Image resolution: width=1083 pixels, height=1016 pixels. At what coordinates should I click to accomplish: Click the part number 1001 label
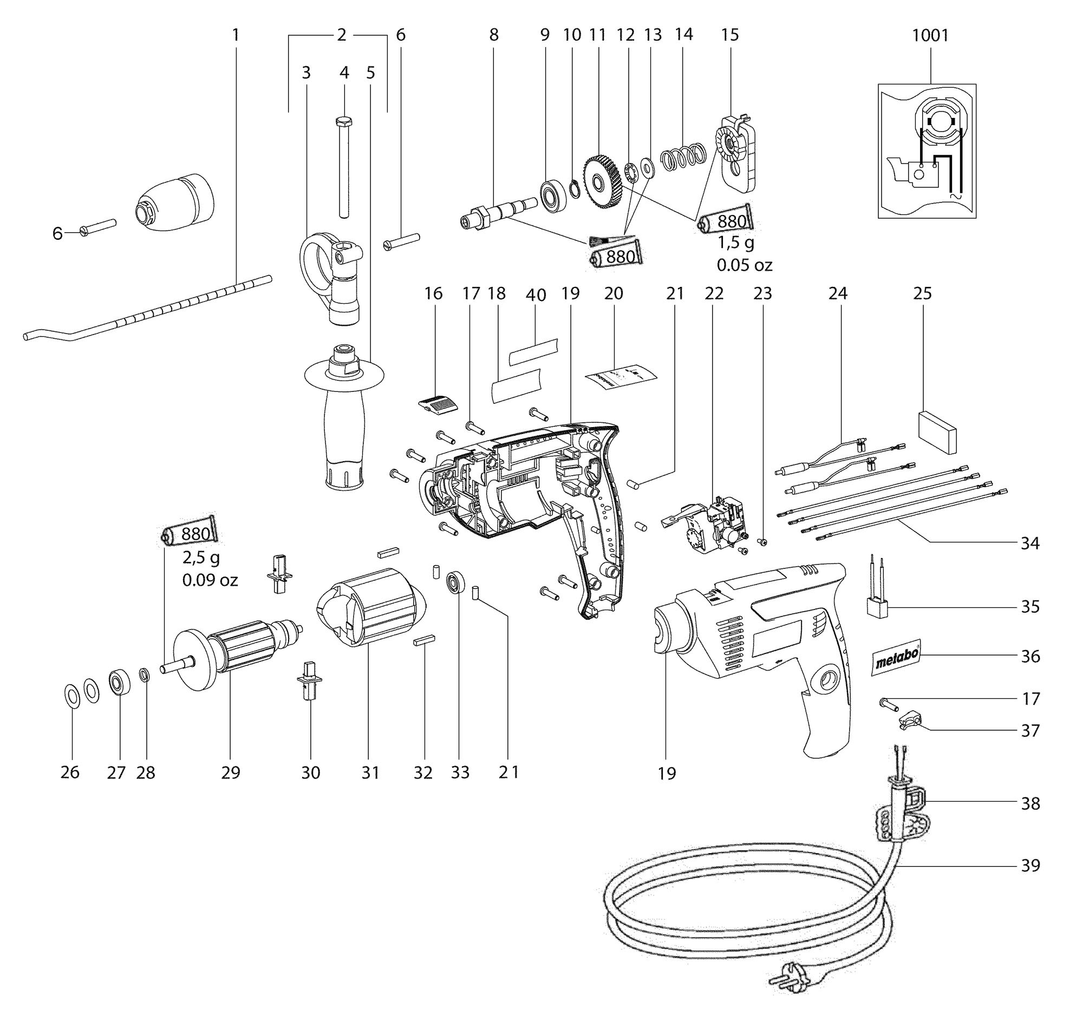click(x=930, y=36)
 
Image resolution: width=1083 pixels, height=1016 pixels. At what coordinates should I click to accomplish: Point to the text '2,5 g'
click(x=201, y=559)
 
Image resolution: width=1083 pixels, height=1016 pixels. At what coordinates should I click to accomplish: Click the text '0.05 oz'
click(x=744, y=265)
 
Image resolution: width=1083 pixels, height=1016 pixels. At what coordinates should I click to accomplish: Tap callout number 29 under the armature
click(x=231, y=772)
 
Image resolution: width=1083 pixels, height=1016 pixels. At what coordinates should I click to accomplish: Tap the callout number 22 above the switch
click(x=714, y=294)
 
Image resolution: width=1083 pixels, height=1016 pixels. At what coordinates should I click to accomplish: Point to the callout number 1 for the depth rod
click(x=236, y=36)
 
